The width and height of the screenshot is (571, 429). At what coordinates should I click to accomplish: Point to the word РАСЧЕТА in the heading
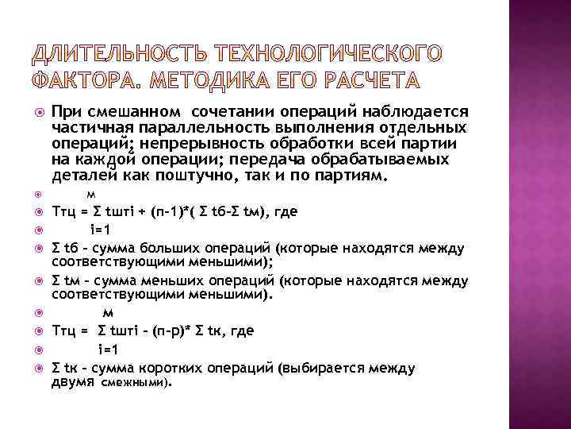pyautogui.click(x=365, y=81)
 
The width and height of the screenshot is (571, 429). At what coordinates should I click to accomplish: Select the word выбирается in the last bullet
pyautogui.click(x=301, y=367)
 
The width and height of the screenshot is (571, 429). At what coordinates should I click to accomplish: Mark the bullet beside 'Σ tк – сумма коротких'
pyautogui.click(x=36, y=367)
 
